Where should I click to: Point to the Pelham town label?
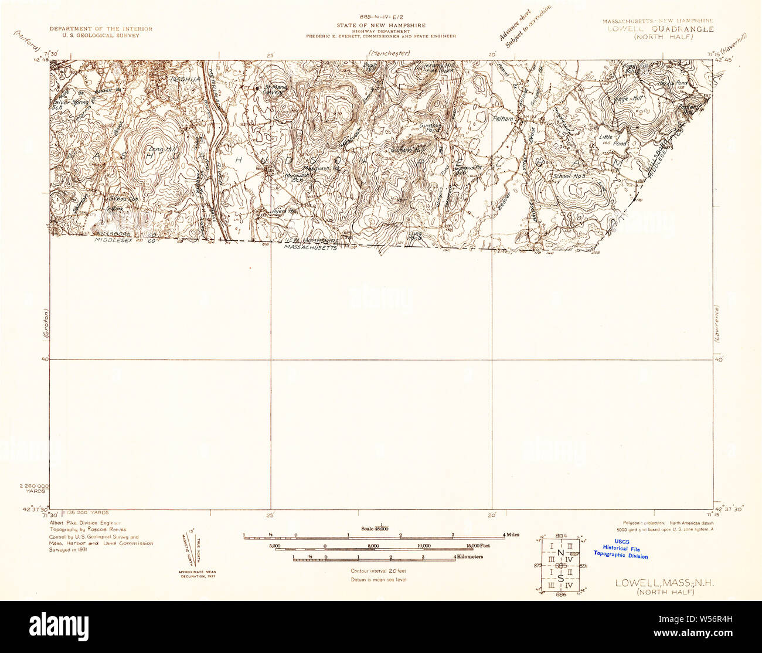point(505,118)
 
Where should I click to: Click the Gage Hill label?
point(628,99)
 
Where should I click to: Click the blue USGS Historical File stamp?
point(620,549)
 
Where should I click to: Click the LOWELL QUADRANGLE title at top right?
point(660,29)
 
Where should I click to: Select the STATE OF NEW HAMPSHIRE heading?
point(381,26)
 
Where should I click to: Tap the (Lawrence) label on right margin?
point(716,324)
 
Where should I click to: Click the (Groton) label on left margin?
point(45,324)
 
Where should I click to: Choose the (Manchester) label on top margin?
point(386,53)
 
